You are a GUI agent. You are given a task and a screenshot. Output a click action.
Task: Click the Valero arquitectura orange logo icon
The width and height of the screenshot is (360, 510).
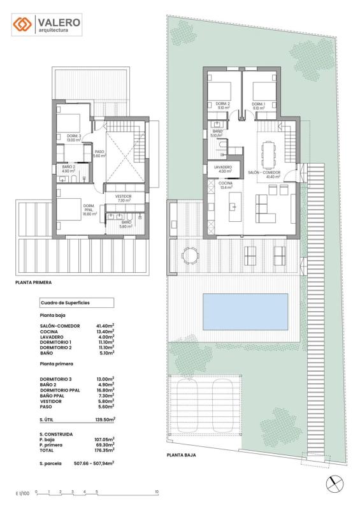pos(22,24)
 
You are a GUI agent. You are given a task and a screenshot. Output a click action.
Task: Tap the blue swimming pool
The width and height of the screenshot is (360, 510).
pos(245,312)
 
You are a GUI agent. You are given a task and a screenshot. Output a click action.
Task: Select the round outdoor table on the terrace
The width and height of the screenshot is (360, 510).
pos(190,255)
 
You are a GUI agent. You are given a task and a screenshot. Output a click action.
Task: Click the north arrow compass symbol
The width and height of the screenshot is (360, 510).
pos(335,484)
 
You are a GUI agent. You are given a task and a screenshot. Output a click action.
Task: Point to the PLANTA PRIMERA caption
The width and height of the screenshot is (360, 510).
pos(34,282)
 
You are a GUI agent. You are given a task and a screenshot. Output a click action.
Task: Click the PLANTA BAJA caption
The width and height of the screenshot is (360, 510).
pos(181,455)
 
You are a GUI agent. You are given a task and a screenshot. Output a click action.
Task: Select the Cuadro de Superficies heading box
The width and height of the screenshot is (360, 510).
pos(76,303)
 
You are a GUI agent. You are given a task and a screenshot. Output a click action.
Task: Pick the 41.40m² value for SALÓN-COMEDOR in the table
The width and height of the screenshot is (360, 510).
pos(105,326)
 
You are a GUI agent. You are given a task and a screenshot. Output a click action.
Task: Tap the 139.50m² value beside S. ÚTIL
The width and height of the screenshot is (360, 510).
pos(105,419)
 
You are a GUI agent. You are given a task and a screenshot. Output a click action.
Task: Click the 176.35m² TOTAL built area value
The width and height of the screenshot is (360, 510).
pos(104,450)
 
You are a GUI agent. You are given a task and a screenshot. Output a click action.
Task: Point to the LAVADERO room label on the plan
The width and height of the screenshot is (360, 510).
pos(223,167)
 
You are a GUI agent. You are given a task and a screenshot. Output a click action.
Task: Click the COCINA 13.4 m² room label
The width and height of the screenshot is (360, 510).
pos(226,186)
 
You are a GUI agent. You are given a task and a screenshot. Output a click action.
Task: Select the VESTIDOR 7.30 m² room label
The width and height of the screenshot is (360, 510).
pos(123,198)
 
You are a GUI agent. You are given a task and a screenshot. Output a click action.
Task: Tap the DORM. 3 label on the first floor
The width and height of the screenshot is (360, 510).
pos(74,136)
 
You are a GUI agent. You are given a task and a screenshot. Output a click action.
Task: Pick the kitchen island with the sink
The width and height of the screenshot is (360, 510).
pos(235,207)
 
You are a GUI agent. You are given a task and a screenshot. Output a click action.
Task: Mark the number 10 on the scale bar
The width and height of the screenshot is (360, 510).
pos(157,492)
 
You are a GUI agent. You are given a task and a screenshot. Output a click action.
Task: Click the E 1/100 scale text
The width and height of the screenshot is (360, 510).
pos(22,493)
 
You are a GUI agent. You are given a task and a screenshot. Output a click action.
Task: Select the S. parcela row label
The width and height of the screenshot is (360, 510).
pos(50,463)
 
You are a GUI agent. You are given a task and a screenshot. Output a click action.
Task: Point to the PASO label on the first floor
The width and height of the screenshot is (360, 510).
pos(99,152)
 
